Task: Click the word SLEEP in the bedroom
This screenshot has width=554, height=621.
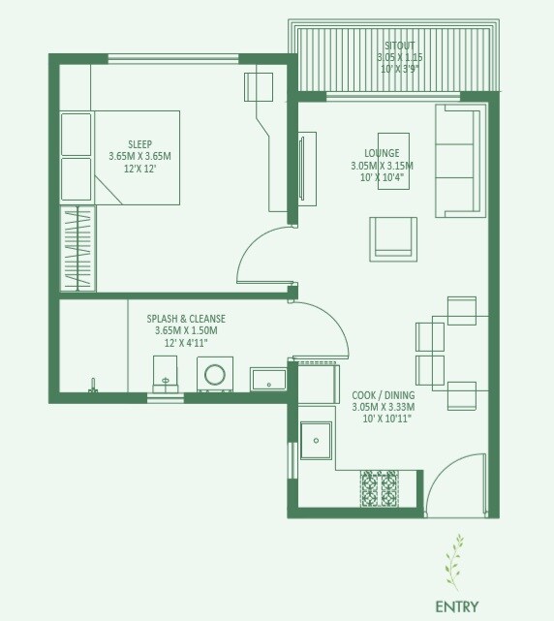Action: click(x=139, y=144)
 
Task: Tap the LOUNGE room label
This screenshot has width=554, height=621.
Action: click(x=382, y=153)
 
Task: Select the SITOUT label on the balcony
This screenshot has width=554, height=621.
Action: click(x=399, y=46)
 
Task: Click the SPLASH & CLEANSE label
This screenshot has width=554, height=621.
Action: click(x=186, y=319)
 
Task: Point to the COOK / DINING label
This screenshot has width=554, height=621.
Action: click(x=382, y=396)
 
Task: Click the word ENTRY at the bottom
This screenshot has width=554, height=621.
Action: click(x=457, y=607)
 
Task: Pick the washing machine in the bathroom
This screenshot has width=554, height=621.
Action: click(x=215, y=376)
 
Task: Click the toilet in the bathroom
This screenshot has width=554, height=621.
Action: click(x=167, y=374)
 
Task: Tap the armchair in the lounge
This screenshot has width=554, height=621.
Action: click(x=393, y=236)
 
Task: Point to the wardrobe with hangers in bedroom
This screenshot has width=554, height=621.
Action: click(x=77, y=248)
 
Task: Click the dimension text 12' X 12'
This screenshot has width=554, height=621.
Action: click(x=139, y=168)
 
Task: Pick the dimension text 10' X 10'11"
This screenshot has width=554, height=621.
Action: click(x=382, y=419)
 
